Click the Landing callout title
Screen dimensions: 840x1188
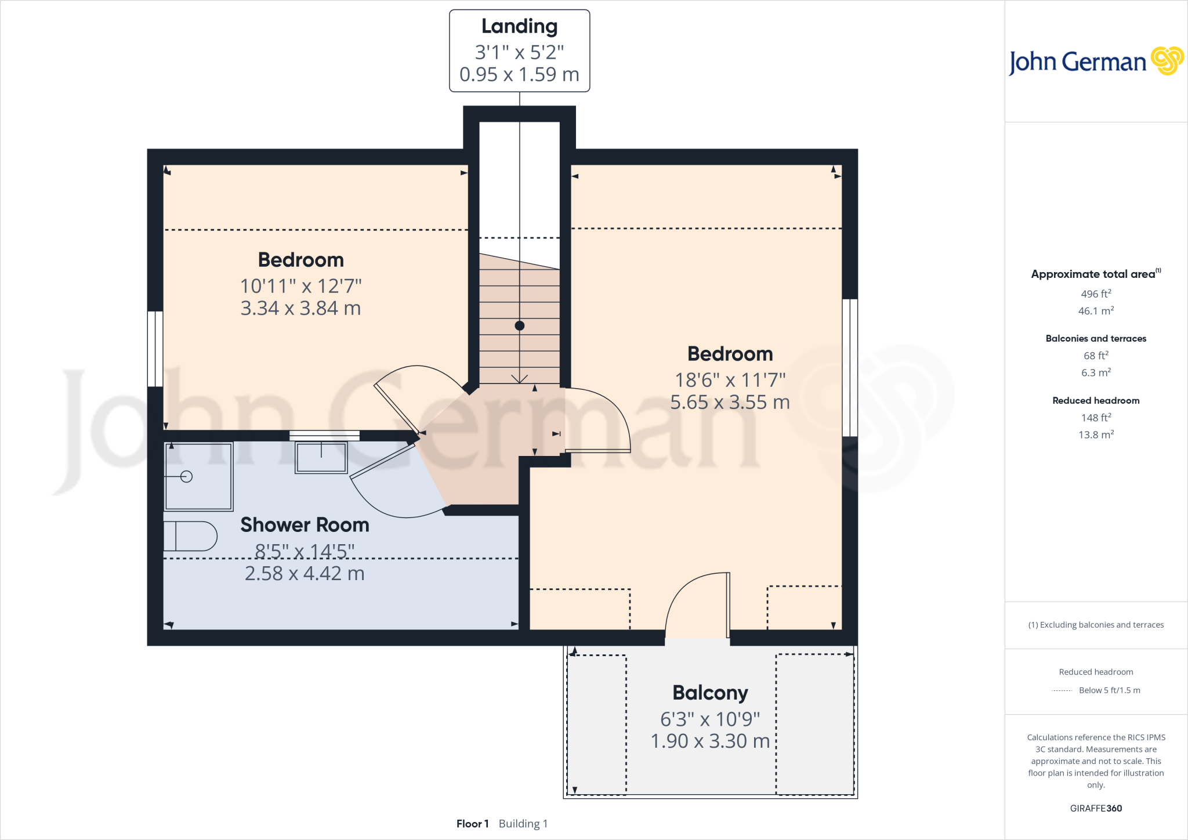pos(519,27)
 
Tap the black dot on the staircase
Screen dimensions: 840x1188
pos(520,326)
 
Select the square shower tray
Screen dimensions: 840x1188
pos(198,476)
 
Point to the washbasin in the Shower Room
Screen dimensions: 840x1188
pos(321,457)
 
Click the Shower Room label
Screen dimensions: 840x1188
pos(305,525)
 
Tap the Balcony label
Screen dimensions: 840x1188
pos(710,693)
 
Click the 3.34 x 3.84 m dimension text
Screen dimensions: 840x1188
pos(300,309)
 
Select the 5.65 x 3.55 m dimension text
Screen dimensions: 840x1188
pos(730,403)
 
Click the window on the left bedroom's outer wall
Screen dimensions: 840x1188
pos(155,349)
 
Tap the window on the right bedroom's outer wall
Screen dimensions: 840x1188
pos(849,367)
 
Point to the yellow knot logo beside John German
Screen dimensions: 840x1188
pos(1167,60)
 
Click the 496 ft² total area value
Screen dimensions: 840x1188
pos(1095,294)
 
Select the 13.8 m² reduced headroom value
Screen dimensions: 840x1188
pos(1095,435)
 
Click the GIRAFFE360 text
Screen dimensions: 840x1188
pos(1095,808)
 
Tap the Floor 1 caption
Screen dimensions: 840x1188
pos(472,824)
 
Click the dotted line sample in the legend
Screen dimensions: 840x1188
pos(1062,691)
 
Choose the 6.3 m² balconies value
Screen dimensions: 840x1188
pos(1095,372)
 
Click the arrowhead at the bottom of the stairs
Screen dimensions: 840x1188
pos(519,379)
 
